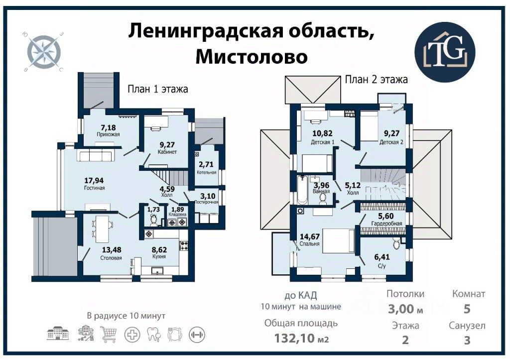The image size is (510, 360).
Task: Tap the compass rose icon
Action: pyautogui.click(x=44, y=51)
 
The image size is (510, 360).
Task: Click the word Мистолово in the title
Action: pyautogui.click(x=251, y=56)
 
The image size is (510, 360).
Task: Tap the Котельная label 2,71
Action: pyautogui.click(x=206, y=164)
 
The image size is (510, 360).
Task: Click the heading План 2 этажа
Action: pyautogui.click(x=377, y=79)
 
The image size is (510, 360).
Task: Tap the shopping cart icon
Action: pyautogui.click(x=109, y=333)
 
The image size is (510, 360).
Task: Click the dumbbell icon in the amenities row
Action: pyautogui.click(x=197, y=333)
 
